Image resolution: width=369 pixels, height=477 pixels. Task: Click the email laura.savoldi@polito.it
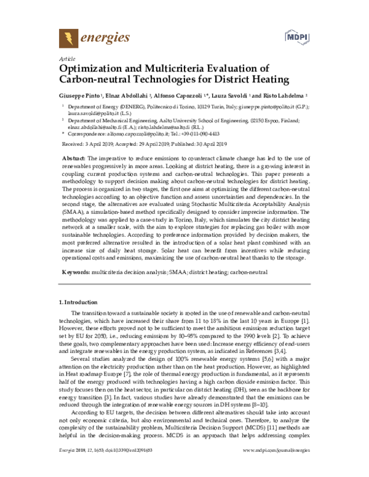pyautogui.click(x=90, y=114)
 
